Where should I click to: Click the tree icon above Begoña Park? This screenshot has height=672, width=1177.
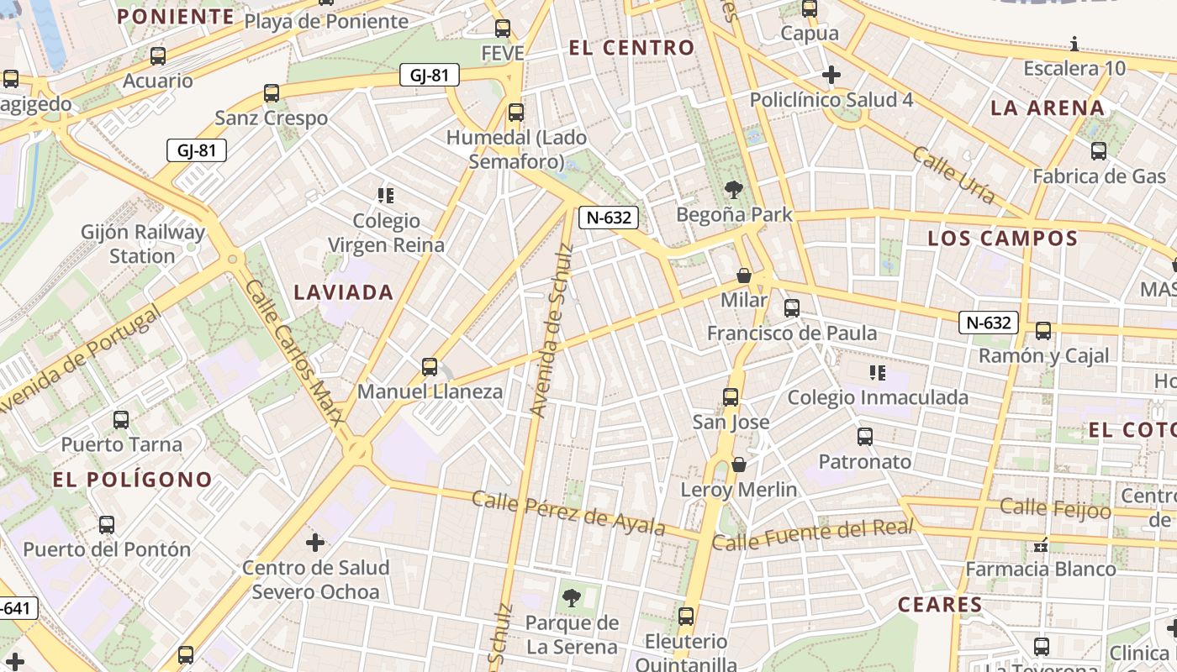(x=734, y=190)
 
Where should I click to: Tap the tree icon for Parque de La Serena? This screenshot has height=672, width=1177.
(x=572, y=599)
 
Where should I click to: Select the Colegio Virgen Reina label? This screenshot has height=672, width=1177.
(x=386, y=233)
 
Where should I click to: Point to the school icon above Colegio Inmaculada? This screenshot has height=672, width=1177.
(x=878, y=372)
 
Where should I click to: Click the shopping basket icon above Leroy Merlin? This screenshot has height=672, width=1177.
(x=739, y=465)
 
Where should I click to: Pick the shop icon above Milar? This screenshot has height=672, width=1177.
(x=744, y=276)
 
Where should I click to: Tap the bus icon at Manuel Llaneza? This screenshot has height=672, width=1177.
(x=430, y=367)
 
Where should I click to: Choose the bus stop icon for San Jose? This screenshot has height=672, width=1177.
(x=731, y=397)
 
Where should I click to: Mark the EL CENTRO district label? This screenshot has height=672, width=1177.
(x=632, y=48)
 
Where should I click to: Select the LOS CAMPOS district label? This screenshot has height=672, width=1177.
(x=1002, y=239)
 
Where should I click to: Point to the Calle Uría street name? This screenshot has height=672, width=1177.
(x=954, y=175)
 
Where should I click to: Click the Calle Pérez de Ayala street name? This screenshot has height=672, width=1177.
(x=568, y=513)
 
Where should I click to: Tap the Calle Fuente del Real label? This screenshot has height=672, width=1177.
(x=812, y=535)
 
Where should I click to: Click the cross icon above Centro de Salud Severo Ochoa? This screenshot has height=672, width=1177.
(x=315, y=543)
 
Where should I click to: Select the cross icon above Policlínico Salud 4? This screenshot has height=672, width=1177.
(x=831, y=75)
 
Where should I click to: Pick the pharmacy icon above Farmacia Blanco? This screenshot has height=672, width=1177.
(x=1041, y=546)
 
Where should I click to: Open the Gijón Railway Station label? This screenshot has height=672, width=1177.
(x=143, y=244)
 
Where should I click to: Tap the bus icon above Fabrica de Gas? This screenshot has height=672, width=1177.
(x=1099, y=151)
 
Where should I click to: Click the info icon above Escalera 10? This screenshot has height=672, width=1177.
(x=1074, y=44)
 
